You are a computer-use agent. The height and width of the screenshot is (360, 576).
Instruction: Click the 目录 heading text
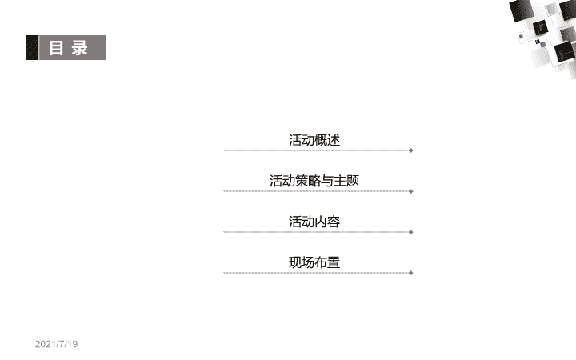(x=68, y=48)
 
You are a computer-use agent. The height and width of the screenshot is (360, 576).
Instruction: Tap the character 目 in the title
(x=56, y=48)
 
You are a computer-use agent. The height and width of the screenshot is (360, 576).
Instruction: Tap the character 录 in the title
(x=80, y=48)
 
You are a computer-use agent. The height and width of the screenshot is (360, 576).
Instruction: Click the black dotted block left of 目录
(x=32, y=47)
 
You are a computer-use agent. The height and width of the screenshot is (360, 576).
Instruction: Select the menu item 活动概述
(x=314, y=140)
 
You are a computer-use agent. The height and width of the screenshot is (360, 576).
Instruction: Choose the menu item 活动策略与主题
(x=314, y=181)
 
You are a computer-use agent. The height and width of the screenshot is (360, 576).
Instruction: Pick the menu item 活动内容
(x=314, y=222)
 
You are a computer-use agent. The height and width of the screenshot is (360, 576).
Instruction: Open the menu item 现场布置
(x=314, y=262)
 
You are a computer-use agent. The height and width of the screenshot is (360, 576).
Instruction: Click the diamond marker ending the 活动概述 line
(x=411, y=150)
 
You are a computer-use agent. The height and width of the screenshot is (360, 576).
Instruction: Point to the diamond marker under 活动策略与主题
(x=411, y=191)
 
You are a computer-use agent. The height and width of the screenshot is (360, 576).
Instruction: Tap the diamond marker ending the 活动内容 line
(x=411, y=232)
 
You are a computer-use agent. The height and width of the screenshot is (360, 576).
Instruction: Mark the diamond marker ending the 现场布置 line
(x=411, y=273)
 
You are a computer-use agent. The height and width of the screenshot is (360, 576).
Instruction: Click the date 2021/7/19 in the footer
(x=56, y=344)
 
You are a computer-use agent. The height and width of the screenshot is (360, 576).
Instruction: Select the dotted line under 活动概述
(x=316, y=150)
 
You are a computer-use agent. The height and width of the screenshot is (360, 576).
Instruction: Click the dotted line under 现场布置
(x=316, y=273)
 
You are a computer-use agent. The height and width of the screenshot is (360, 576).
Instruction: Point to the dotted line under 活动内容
(x=316, y=232)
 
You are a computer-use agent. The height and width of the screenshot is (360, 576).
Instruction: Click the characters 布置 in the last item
(x=327, y=262)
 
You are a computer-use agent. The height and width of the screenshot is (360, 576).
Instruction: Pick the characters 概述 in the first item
(x=327, y=140)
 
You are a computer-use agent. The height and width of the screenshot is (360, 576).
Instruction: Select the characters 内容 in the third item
(x=327, y=222)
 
